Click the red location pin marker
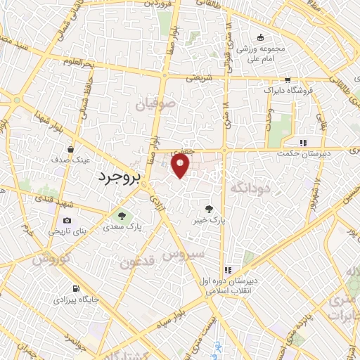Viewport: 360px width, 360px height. coord(181,166)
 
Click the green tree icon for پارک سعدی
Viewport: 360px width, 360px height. coord(123,216)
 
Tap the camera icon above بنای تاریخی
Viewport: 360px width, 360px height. coord(67,220)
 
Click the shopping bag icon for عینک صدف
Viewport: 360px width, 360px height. coord(71,149)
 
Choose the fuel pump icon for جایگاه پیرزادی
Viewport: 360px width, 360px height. coord(75,288)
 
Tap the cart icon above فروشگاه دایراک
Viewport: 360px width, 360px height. coord(288,80)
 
